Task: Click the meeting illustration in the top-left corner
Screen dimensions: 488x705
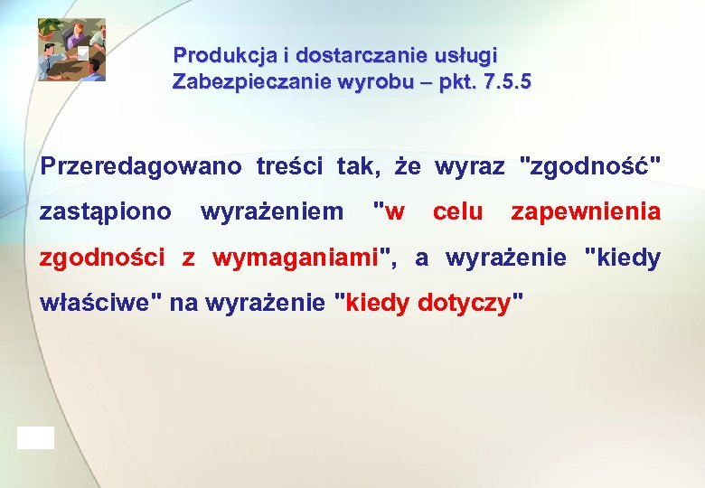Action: coord(71,50)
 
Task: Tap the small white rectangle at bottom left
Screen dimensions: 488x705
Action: coord(35,437)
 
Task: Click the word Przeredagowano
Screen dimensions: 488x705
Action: coord(141,167)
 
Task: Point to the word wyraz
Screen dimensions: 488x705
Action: coord(470,167)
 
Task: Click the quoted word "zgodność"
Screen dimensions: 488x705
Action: coord(591,167)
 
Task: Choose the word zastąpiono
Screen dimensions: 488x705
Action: coord(106,212)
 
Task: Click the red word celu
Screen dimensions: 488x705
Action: coord(458,212)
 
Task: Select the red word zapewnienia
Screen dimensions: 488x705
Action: coord(586,212)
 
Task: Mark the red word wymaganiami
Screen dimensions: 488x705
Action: coord(295,258)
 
